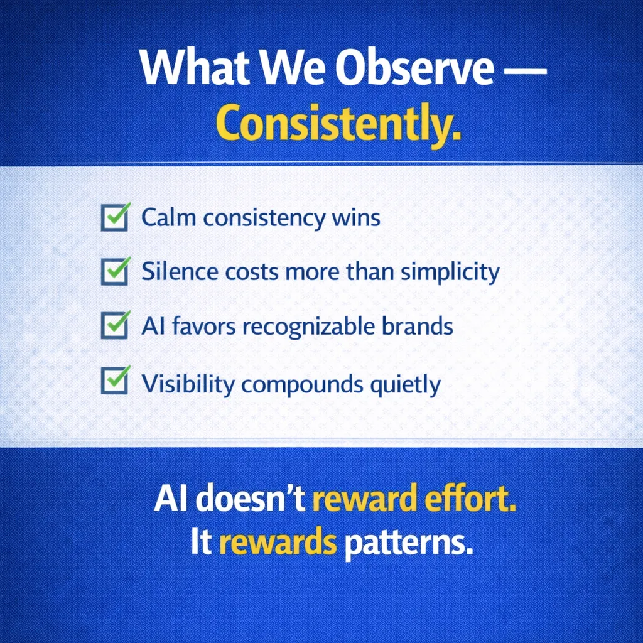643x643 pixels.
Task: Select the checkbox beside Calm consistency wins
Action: pos(116,217)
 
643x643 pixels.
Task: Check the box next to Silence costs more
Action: pos(116,271)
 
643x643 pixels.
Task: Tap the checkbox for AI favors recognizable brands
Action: pos(116,325)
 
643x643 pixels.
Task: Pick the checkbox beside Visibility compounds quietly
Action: pos(116,380)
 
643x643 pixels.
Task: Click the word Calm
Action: pos(168,217)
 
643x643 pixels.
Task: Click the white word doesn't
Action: pos(253,497)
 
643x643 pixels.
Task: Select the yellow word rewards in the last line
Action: pos(278,542)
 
